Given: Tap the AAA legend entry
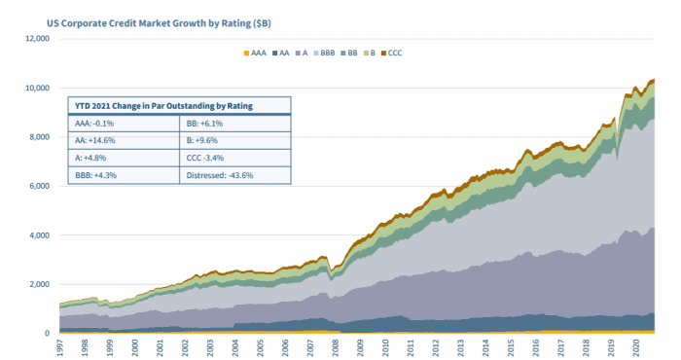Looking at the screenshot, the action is click(x=255, y=53).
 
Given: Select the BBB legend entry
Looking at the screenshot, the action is click(x=324, y=53).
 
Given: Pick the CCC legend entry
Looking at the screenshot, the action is click(x=392, y=53).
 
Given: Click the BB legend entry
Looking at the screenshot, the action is click(x=349, y=53).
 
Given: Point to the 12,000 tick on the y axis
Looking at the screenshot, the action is click(x=38, y=39).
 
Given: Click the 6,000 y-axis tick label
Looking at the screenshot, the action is click(x=39, y=186).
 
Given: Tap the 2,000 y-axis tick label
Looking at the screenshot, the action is click(x=39, y=284).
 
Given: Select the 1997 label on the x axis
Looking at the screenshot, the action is click(x=60, y=348).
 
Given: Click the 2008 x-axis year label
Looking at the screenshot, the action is click(x=336, y=348).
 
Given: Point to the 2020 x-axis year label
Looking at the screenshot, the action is click(x=636, y=348).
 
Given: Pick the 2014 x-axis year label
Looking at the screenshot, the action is click(x=485, y=348).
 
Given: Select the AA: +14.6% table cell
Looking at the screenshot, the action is click(x=94, y=141).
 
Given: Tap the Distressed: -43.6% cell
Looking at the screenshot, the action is click(x=220, y=175).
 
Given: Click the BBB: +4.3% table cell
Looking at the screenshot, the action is click(x=95, y=175).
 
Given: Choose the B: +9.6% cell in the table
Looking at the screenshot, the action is click(x=202, y=141).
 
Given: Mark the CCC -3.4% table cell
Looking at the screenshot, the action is click(x=205, y=158).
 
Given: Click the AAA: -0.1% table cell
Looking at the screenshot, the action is click(x=94, y=124).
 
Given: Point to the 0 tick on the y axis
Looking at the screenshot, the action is click(x=48, y=334).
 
